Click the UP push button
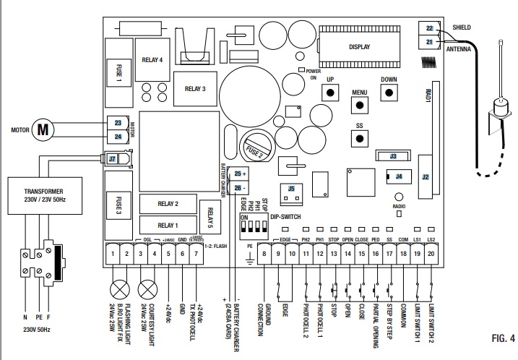[330, 93]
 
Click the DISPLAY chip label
[359, 47]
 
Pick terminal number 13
[333, 254]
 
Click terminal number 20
[431, 254]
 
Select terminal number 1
[113, 254]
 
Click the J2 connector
[425, 176]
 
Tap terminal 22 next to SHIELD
[429, 28]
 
